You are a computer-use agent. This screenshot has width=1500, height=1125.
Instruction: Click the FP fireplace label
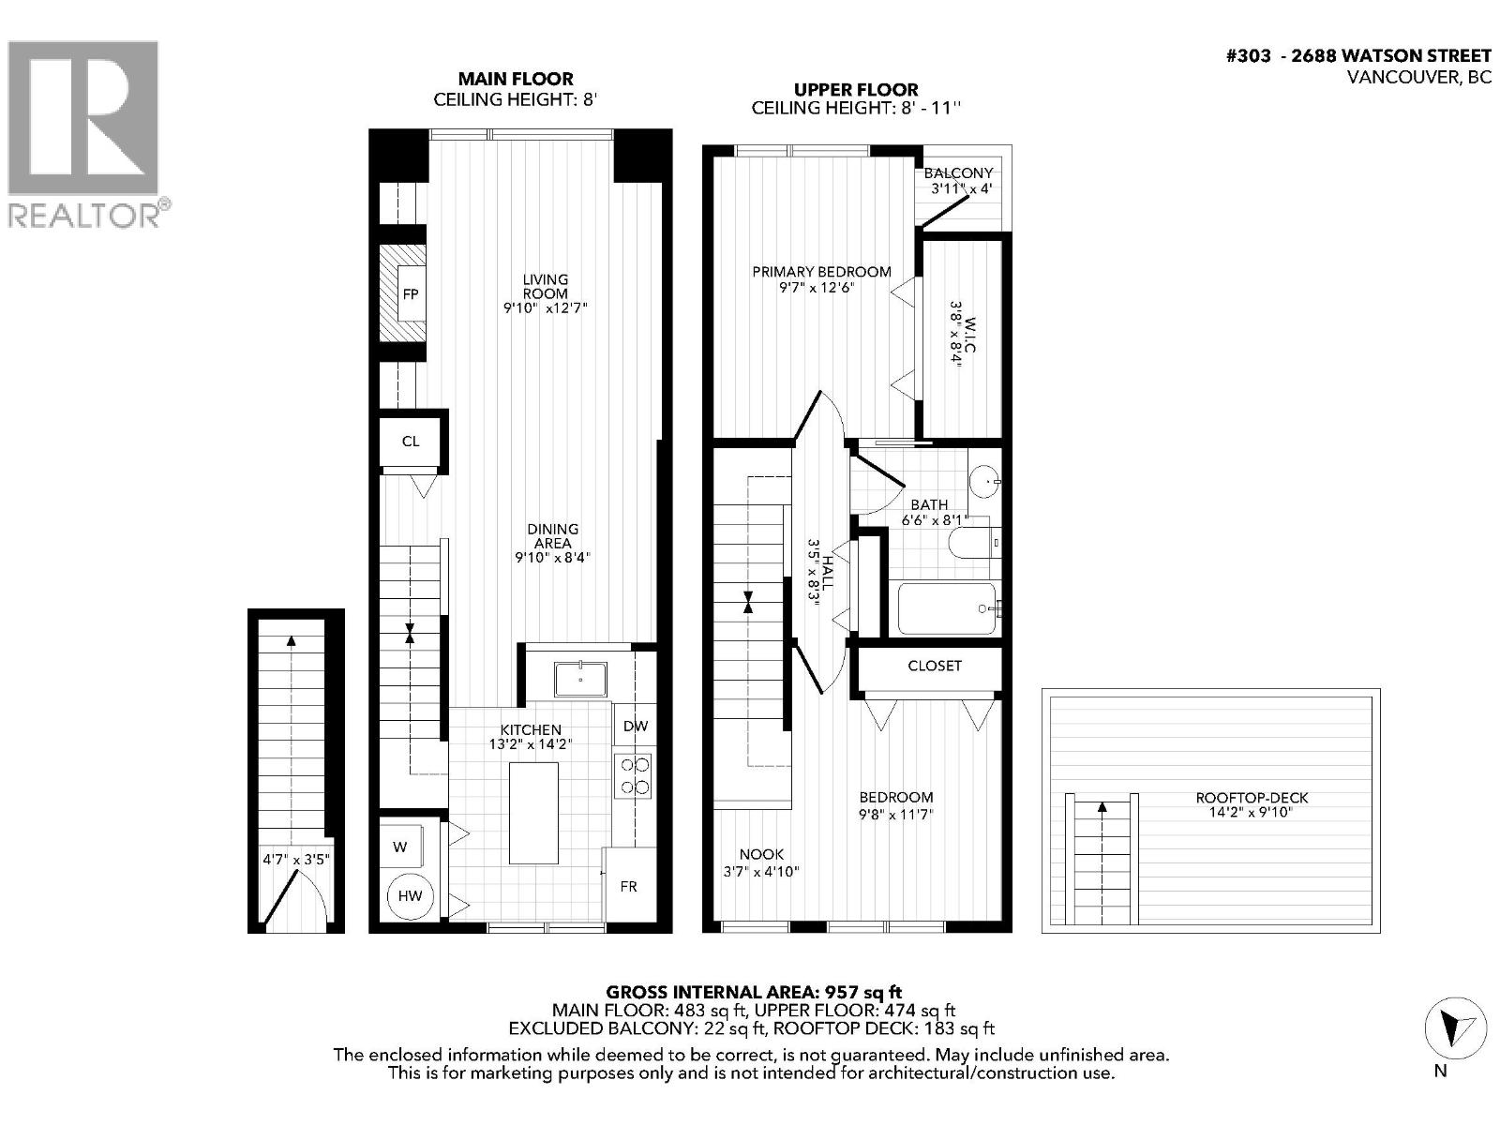(410, 294)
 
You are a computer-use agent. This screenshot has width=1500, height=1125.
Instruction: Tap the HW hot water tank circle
(410, 896)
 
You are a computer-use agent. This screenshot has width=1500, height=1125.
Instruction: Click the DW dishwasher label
(635, 726)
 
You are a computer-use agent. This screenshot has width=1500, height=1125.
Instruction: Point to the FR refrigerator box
(628, 886)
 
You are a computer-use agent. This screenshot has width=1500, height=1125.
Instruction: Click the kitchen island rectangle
(533, 813)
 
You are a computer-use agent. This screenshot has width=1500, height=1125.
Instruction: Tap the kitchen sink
(580, 679)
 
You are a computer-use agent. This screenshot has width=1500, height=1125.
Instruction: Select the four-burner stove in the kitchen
(634, 776)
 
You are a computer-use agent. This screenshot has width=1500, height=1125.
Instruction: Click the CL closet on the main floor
(410, 442)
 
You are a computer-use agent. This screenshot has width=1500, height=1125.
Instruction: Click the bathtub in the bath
(947, 608)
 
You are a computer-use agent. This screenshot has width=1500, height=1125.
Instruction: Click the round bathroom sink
(983, 482)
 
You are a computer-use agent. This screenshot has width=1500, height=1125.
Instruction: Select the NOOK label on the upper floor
(761, 855)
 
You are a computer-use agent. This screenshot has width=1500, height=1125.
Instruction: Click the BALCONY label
(958, 173)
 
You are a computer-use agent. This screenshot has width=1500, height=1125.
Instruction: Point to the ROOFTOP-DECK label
(1251, 799)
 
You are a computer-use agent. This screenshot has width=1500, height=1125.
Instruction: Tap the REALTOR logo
(84, 131)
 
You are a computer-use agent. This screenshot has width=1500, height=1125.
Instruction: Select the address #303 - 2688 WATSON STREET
(1358, 55)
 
